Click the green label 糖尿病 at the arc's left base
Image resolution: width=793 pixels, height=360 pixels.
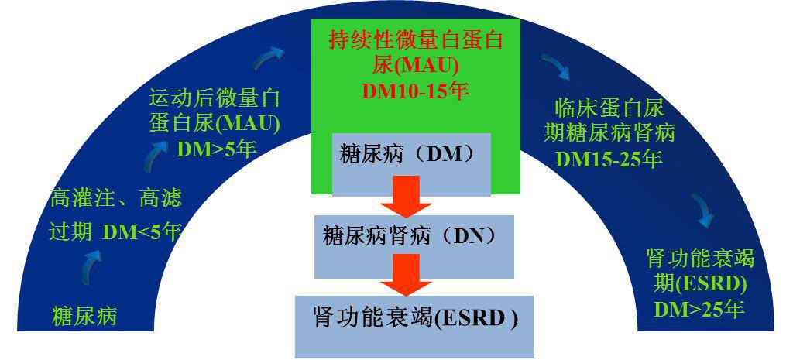(x=84, y=316)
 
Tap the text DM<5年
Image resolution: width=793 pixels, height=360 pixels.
(x=142, y=232)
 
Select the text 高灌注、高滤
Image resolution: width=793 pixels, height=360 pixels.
(x=115, y=199)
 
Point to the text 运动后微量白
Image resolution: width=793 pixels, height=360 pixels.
(x=214, y=98)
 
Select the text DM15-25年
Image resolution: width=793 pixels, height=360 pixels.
(x=609, y=159)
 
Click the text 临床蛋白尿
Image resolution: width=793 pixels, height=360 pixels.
(x=609, y=109)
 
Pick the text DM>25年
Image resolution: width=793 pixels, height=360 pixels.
(x=699, y=308)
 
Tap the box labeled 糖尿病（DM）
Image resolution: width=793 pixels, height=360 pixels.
(x=411, y=164)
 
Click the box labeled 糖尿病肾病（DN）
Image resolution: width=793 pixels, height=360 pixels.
(x=414, y=247)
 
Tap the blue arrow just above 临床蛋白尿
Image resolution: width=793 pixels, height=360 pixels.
(x=555, y=67)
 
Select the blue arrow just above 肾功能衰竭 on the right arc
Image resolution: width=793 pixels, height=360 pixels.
(x=703, y=210)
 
